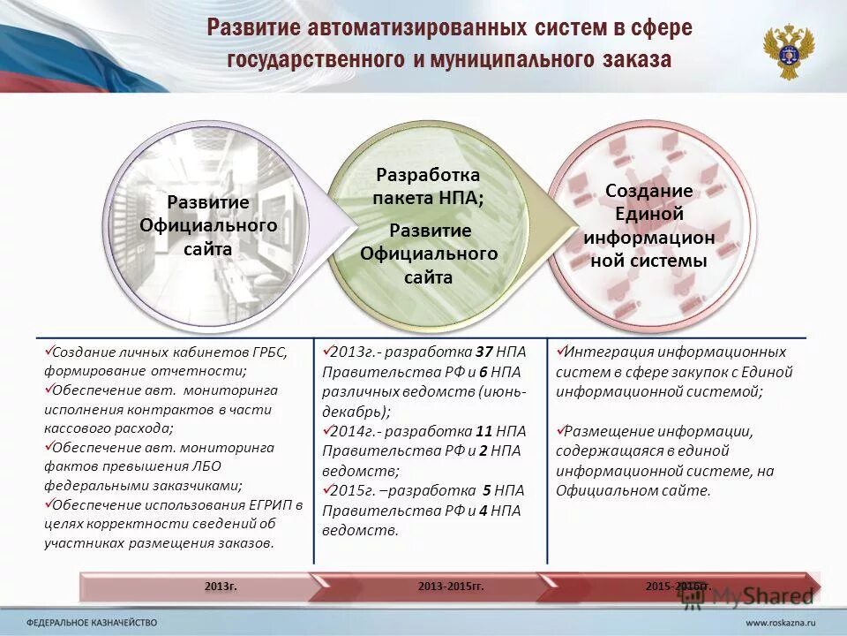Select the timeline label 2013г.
[221, 586]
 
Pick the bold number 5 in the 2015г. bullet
[486, 490]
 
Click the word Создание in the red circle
[648, 191]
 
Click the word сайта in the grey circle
[208, 249]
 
